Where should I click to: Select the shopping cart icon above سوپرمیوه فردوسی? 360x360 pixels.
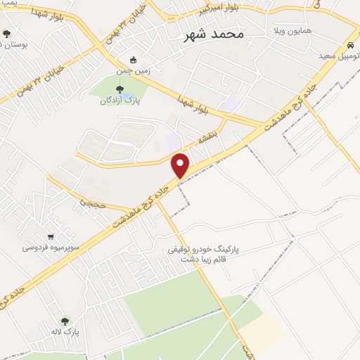point(51,236)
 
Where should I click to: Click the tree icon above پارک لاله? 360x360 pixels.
point(65,320)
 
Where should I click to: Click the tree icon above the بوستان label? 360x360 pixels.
point(6,33)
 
